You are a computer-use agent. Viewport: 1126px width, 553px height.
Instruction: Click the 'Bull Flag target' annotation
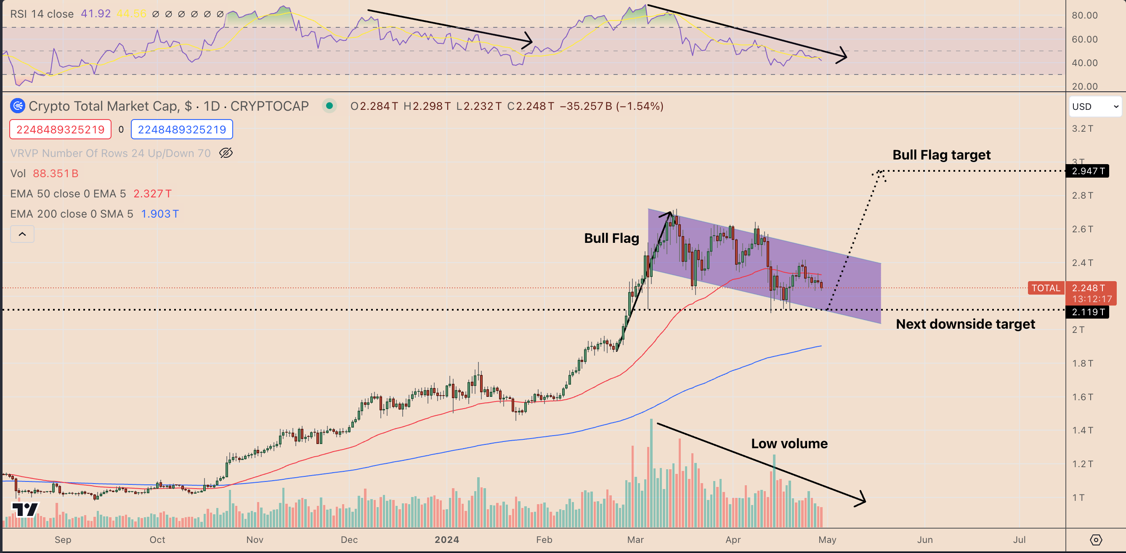coord(941,155)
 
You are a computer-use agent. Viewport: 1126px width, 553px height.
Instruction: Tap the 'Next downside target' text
coord(965,324)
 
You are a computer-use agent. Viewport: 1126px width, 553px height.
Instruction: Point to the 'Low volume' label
coord(789,444)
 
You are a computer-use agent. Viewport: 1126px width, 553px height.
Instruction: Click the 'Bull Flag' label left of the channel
coord(611,238)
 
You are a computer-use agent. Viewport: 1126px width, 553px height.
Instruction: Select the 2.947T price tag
coord(1087,171)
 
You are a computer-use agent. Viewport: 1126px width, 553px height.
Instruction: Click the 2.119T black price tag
coord(1087,312)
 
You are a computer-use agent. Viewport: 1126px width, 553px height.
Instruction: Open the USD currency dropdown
coord(1095,106)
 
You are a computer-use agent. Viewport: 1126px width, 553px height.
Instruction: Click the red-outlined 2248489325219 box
coord(60,129)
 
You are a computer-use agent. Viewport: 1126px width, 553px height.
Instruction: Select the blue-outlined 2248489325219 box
coord(182,129)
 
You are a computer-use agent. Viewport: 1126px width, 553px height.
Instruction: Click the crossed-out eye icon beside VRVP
coord(226,153)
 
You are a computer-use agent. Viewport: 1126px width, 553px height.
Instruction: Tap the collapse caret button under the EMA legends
coord(22,234)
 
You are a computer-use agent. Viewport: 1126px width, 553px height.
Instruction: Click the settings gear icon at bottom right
coord(1095,540)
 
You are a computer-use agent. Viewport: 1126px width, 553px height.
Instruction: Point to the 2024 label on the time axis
coord(446,540)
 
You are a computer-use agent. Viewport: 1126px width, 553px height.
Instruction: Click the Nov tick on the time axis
coord(255,540)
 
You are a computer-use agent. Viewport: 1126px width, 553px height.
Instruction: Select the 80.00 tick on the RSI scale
coord(1084,15)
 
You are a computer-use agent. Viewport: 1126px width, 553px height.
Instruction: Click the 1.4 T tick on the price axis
coord(1082,430)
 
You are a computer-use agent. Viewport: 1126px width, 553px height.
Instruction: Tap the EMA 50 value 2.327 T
coord(152,194)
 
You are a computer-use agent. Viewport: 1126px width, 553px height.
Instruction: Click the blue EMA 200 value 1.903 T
coord(159,214)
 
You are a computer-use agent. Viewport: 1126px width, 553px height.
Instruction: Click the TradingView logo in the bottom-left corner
coord(25,509)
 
